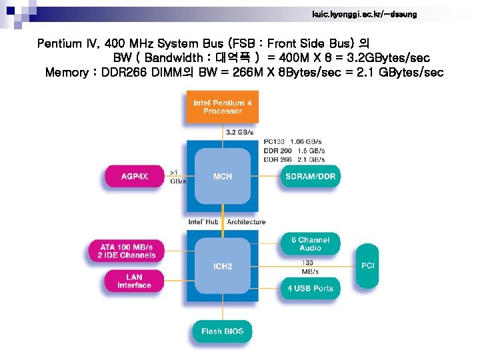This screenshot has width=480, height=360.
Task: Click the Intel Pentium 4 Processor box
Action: pos(222,107)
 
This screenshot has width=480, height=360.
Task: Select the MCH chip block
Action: pos(223,176)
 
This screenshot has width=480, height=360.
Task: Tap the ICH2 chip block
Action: pos(223,266)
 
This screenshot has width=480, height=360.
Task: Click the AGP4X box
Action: pos(135,176)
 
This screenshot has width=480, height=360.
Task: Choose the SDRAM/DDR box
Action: pos(310,176)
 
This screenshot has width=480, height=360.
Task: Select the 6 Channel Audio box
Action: pos(310,244)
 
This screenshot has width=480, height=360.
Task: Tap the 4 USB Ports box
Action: pos(310,289)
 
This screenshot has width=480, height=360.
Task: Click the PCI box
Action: pos(368,266)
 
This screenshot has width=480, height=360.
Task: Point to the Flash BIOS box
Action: pos(222,331)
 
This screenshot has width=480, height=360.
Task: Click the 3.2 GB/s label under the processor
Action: pos(240,133)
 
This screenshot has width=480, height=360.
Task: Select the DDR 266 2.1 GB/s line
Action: pos(294,159)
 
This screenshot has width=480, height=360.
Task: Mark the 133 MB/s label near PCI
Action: pos(309,267)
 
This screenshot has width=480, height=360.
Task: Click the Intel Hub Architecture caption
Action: pos(227,221)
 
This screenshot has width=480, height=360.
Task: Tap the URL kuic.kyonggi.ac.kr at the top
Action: pos(364,14)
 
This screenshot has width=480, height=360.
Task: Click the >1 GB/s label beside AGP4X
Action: pos(178,177)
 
